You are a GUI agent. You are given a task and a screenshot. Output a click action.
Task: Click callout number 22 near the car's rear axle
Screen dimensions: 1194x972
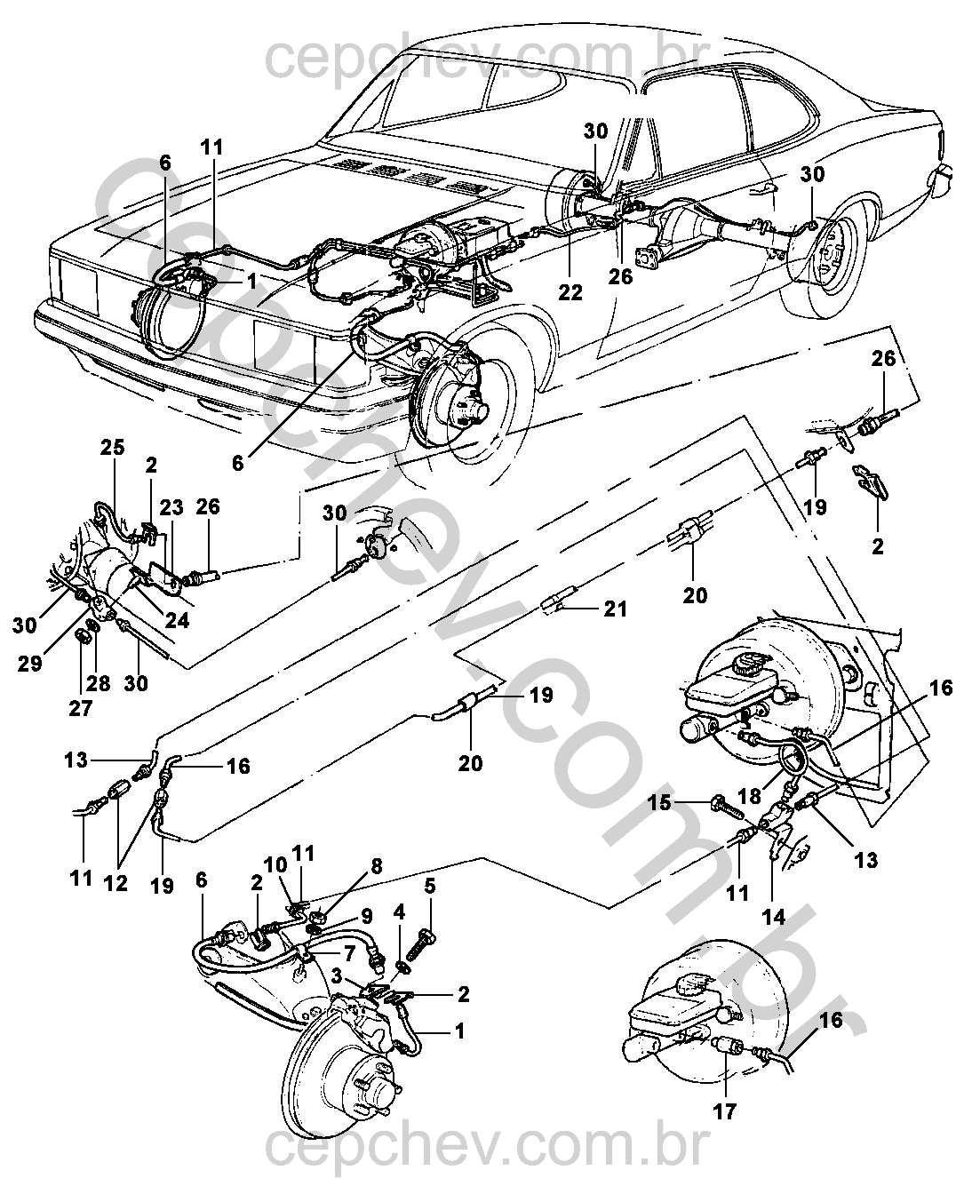570,291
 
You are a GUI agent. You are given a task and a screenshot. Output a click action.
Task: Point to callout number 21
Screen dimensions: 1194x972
615,609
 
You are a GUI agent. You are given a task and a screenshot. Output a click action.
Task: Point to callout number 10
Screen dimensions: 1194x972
275,866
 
